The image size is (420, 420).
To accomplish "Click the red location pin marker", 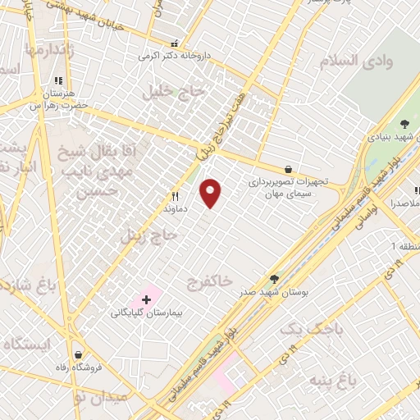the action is [211, 193].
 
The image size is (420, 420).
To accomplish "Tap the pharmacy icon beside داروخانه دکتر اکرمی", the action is [173, 43].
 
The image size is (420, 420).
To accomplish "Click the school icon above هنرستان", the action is [57, 81].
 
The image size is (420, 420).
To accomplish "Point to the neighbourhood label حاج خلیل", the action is [164, 92].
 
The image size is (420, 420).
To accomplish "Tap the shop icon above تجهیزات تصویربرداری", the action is [285, 168].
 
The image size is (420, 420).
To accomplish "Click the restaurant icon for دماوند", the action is [174, 197].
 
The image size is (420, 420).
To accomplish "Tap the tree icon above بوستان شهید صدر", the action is [274, 279].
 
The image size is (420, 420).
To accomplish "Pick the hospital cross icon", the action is [147, 300].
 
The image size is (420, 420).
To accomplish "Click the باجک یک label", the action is [303, 328].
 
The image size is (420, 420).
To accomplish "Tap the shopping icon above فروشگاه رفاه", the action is [77, 354].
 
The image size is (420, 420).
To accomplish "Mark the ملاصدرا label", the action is [404, 202].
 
